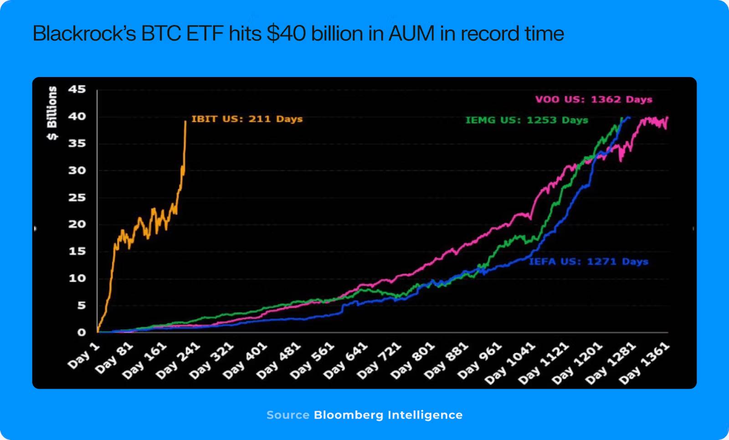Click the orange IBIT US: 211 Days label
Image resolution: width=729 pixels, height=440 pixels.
tap(247, 119)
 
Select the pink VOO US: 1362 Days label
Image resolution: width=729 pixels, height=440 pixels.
tap(594, 99)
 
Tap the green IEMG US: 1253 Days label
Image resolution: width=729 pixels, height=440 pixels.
tap(527, 120)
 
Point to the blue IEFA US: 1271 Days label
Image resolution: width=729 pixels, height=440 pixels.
tap(588, 262)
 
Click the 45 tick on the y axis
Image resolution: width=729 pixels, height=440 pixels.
tap(77, 89)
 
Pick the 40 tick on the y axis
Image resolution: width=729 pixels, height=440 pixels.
tap(77, 116)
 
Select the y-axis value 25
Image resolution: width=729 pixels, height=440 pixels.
tap(77, 197)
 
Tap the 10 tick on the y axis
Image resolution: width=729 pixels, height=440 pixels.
tap(77, 278)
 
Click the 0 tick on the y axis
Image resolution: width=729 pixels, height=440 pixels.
tap(81, 332)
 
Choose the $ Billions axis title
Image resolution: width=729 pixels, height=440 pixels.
tap(52, 113)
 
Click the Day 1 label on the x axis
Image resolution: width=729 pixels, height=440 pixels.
tap(84, 355)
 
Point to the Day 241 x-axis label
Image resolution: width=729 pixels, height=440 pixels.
tap(178, 360)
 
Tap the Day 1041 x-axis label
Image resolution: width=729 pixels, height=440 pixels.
tap(510, 363)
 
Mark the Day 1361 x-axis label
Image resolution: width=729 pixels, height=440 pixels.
tap(644, 363)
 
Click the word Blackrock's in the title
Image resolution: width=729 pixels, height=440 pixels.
tap(84, 34)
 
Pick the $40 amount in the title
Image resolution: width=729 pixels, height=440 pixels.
tap(286, 34)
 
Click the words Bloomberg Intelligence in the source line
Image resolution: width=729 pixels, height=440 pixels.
tap(388, 415)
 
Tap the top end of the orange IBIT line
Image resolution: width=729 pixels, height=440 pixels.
tap(185, 121)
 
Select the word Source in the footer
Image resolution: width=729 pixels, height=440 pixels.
tap(288, 415)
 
